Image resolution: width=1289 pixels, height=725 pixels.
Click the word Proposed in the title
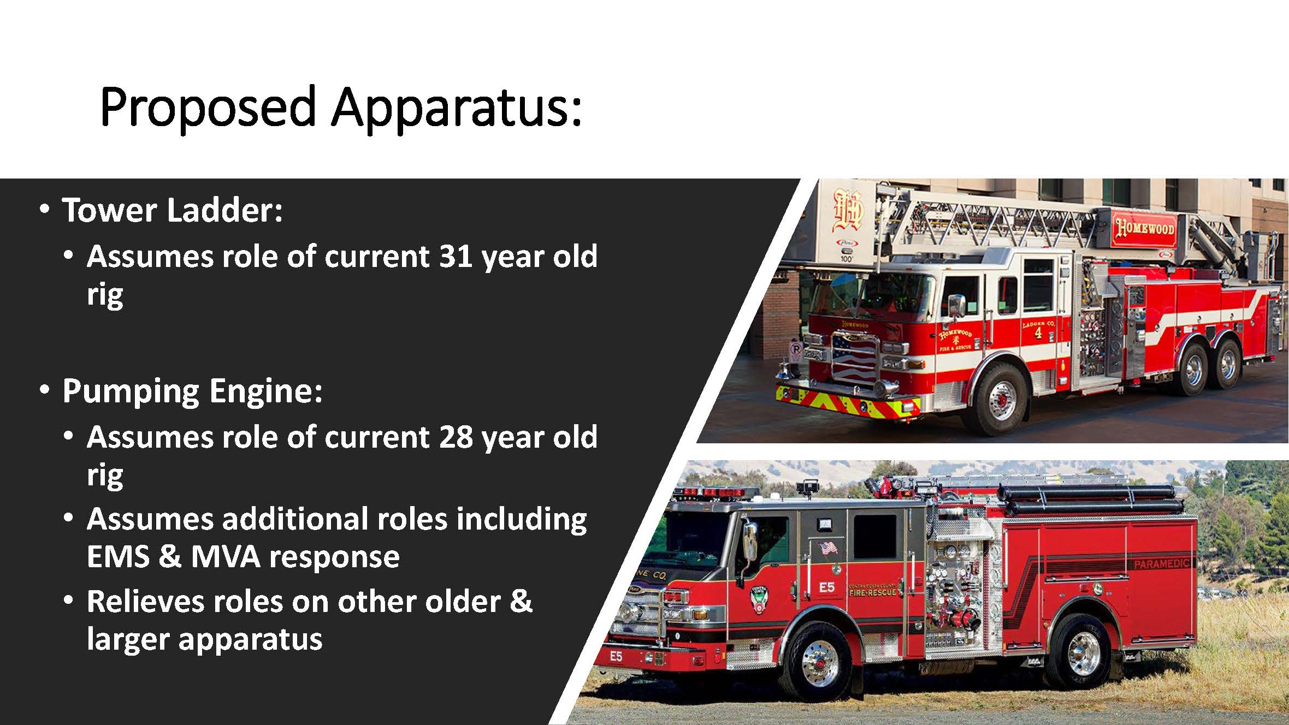[x=208, y=107]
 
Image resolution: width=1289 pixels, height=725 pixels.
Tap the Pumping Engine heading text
[x=192, y=391]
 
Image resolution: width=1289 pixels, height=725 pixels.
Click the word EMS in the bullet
[x=118, y=557]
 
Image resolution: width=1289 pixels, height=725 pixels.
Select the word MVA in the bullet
[x=224, y=557]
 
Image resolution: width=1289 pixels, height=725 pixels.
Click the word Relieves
[x=157, y=602]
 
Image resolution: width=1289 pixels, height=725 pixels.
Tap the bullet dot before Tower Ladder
[x=45, y=209]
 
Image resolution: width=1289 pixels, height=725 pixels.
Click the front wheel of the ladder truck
[x=1002, y=400]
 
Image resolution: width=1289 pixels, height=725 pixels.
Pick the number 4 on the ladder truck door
[x=1038, y=333]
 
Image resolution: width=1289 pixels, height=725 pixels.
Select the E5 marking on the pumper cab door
[x=826, y=587]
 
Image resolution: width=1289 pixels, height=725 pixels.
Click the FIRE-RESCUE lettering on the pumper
[x=872, y=593]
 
